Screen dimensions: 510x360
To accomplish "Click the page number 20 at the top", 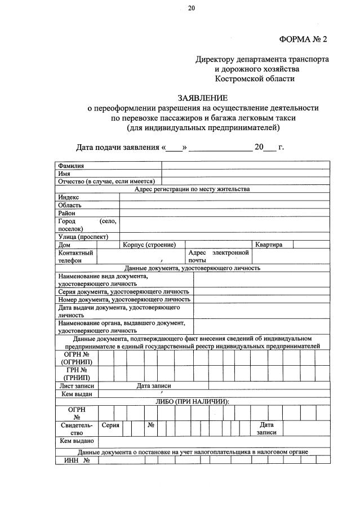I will click(x=192, y=8).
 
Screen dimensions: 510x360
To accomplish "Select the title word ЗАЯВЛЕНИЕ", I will click(x=203, y=97).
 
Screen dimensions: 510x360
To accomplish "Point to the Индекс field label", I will click(x=69, y=197).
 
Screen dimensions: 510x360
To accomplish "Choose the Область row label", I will click(x=70, y=205).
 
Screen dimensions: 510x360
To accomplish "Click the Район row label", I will click(x=66, y=214).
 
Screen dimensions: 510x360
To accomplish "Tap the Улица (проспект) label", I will click(x=83, y=237).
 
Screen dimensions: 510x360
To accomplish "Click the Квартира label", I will click(x=269, y=245).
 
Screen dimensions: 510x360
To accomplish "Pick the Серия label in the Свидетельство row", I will click(x=110, y=425).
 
